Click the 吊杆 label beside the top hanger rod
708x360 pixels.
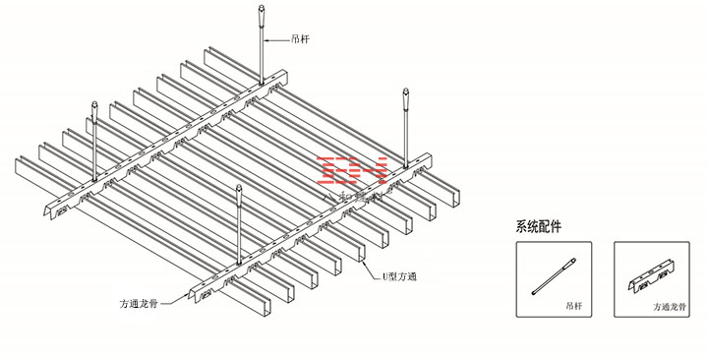(x=302, y=40)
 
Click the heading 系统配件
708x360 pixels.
(x=539, y=226)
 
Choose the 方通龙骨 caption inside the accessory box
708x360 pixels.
(x=671, y=307)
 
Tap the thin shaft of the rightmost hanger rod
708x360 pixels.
(x=404, y=133)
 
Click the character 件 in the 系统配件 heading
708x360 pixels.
(x=557, y=226)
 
